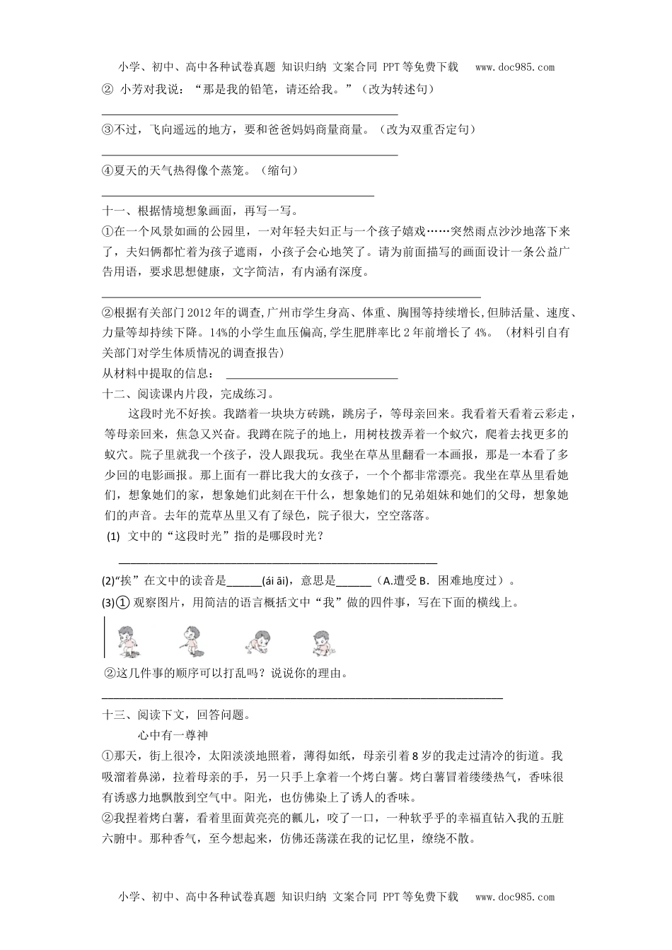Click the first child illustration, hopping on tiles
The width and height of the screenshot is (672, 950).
pos(127,638)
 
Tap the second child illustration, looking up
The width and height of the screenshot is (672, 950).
pos(189,638)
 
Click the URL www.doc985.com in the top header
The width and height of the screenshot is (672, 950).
pos(515,68)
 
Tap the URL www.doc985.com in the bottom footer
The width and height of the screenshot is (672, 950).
pos(515,897)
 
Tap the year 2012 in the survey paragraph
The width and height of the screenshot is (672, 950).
pos(200,313)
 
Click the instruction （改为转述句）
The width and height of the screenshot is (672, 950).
pos(397,89)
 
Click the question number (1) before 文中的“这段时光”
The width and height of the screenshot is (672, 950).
pos(113,537)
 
